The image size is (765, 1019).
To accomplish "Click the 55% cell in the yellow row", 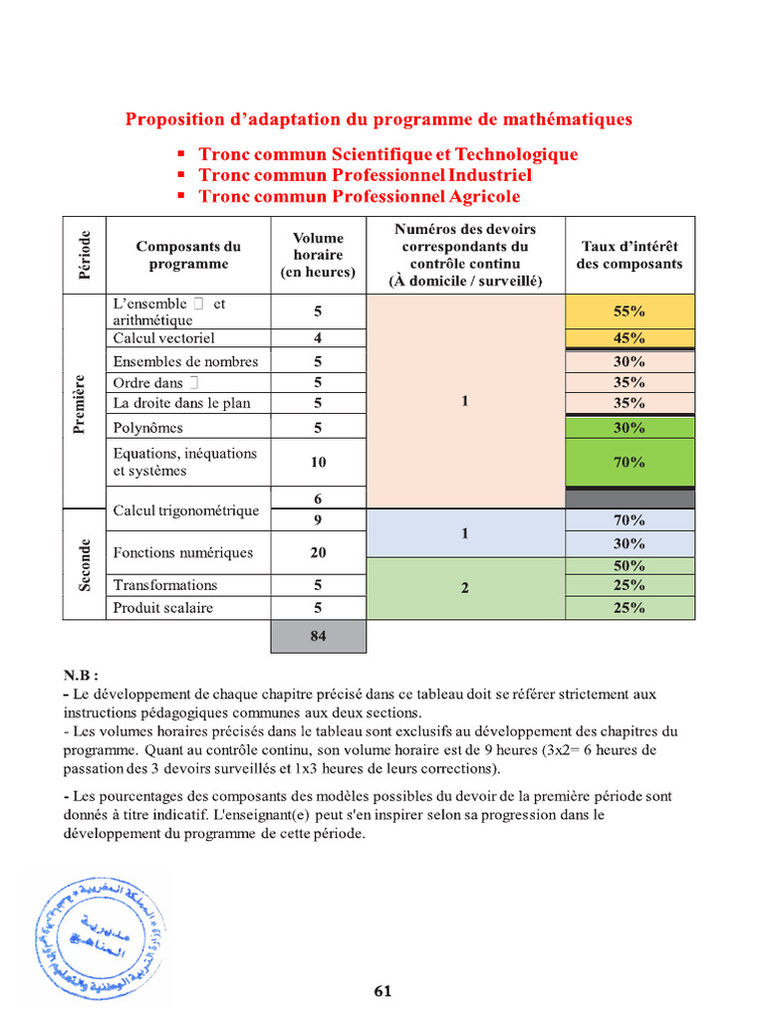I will pyautogui.click(x=629, y=311).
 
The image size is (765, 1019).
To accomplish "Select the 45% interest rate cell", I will pyautogui.click(x=629, y=338).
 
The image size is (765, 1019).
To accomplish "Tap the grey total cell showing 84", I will pyautogui.click(x=318, y=637).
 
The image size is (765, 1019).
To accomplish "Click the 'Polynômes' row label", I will pyautogui.click(x=148, y=428).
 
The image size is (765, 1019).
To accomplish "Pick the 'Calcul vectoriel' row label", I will pyautogui.click(x=163, y=338).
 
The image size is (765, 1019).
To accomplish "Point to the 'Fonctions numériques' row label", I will pyautogui.click(x=182, y=552).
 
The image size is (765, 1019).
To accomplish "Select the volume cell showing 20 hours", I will pyautogui.click(x=318, y=552).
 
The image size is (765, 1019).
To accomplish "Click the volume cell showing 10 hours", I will pyautogui.click(x=318, y=462).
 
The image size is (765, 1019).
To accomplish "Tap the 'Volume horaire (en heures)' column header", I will pyautogui.click(x=318, y=255).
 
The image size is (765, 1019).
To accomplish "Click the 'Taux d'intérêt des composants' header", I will pyautogui.click(x=629, y=255).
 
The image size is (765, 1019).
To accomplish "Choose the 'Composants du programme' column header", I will pyautogui.click(x=187, y=255).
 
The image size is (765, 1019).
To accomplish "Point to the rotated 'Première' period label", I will pyautogui.click(x=84, y=403).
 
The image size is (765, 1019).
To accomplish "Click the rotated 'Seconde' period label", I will pyautogui.click(x=84, y=564).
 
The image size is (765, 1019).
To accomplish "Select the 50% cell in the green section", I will pyautogui.click(x=629, y=565).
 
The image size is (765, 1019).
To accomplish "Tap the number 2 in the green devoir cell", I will pyautogui.click(x=464, y=587).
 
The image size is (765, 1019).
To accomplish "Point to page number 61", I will pyautogui.click(x=383, y=990).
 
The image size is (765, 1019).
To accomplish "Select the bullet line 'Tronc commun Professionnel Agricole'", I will pyautogui.click(x=359, y=196).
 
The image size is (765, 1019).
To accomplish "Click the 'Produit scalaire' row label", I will pyautogui.click(x=162, y=607).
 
